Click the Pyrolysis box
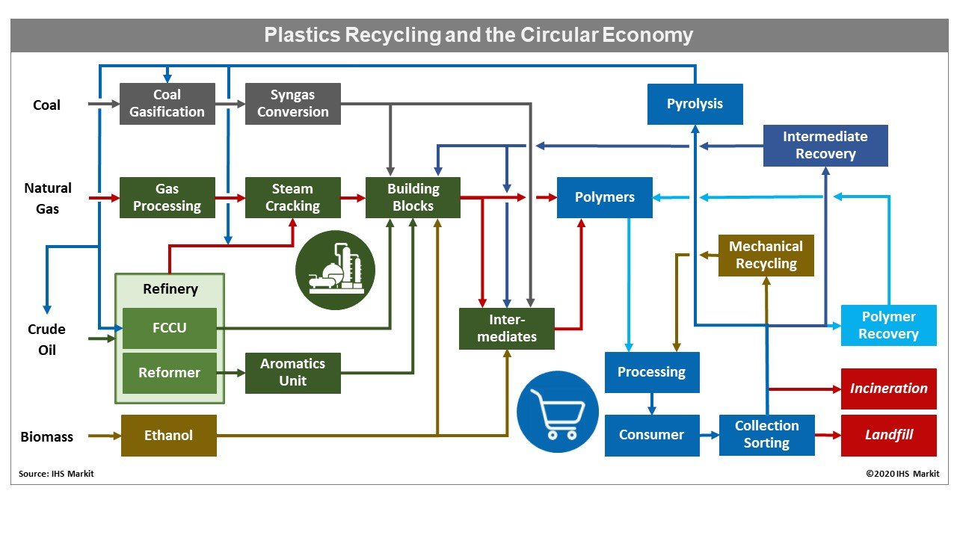tap(695, 104)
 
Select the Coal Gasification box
tap(167, 104)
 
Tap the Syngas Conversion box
tap(292, 104)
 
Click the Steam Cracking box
tap(292, 198)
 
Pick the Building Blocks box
tap(413, 198)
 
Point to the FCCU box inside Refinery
tap(170, 328)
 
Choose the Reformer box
tap(170, 373)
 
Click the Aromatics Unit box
tap(292, 373)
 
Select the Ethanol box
tap(168, 436)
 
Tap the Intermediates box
tap(507, 329)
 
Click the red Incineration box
tap(888, 389)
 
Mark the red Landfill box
tap(888, 435)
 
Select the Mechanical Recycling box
tap(766, 256)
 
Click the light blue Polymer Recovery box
tap(888, 325)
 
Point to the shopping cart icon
tap(558, 412)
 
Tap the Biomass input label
tap(46, 436)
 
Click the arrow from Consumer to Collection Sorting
tap(709, 435)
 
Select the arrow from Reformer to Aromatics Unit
tap(231, 373)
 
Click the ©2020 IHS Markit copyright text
tap(902, 474)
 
